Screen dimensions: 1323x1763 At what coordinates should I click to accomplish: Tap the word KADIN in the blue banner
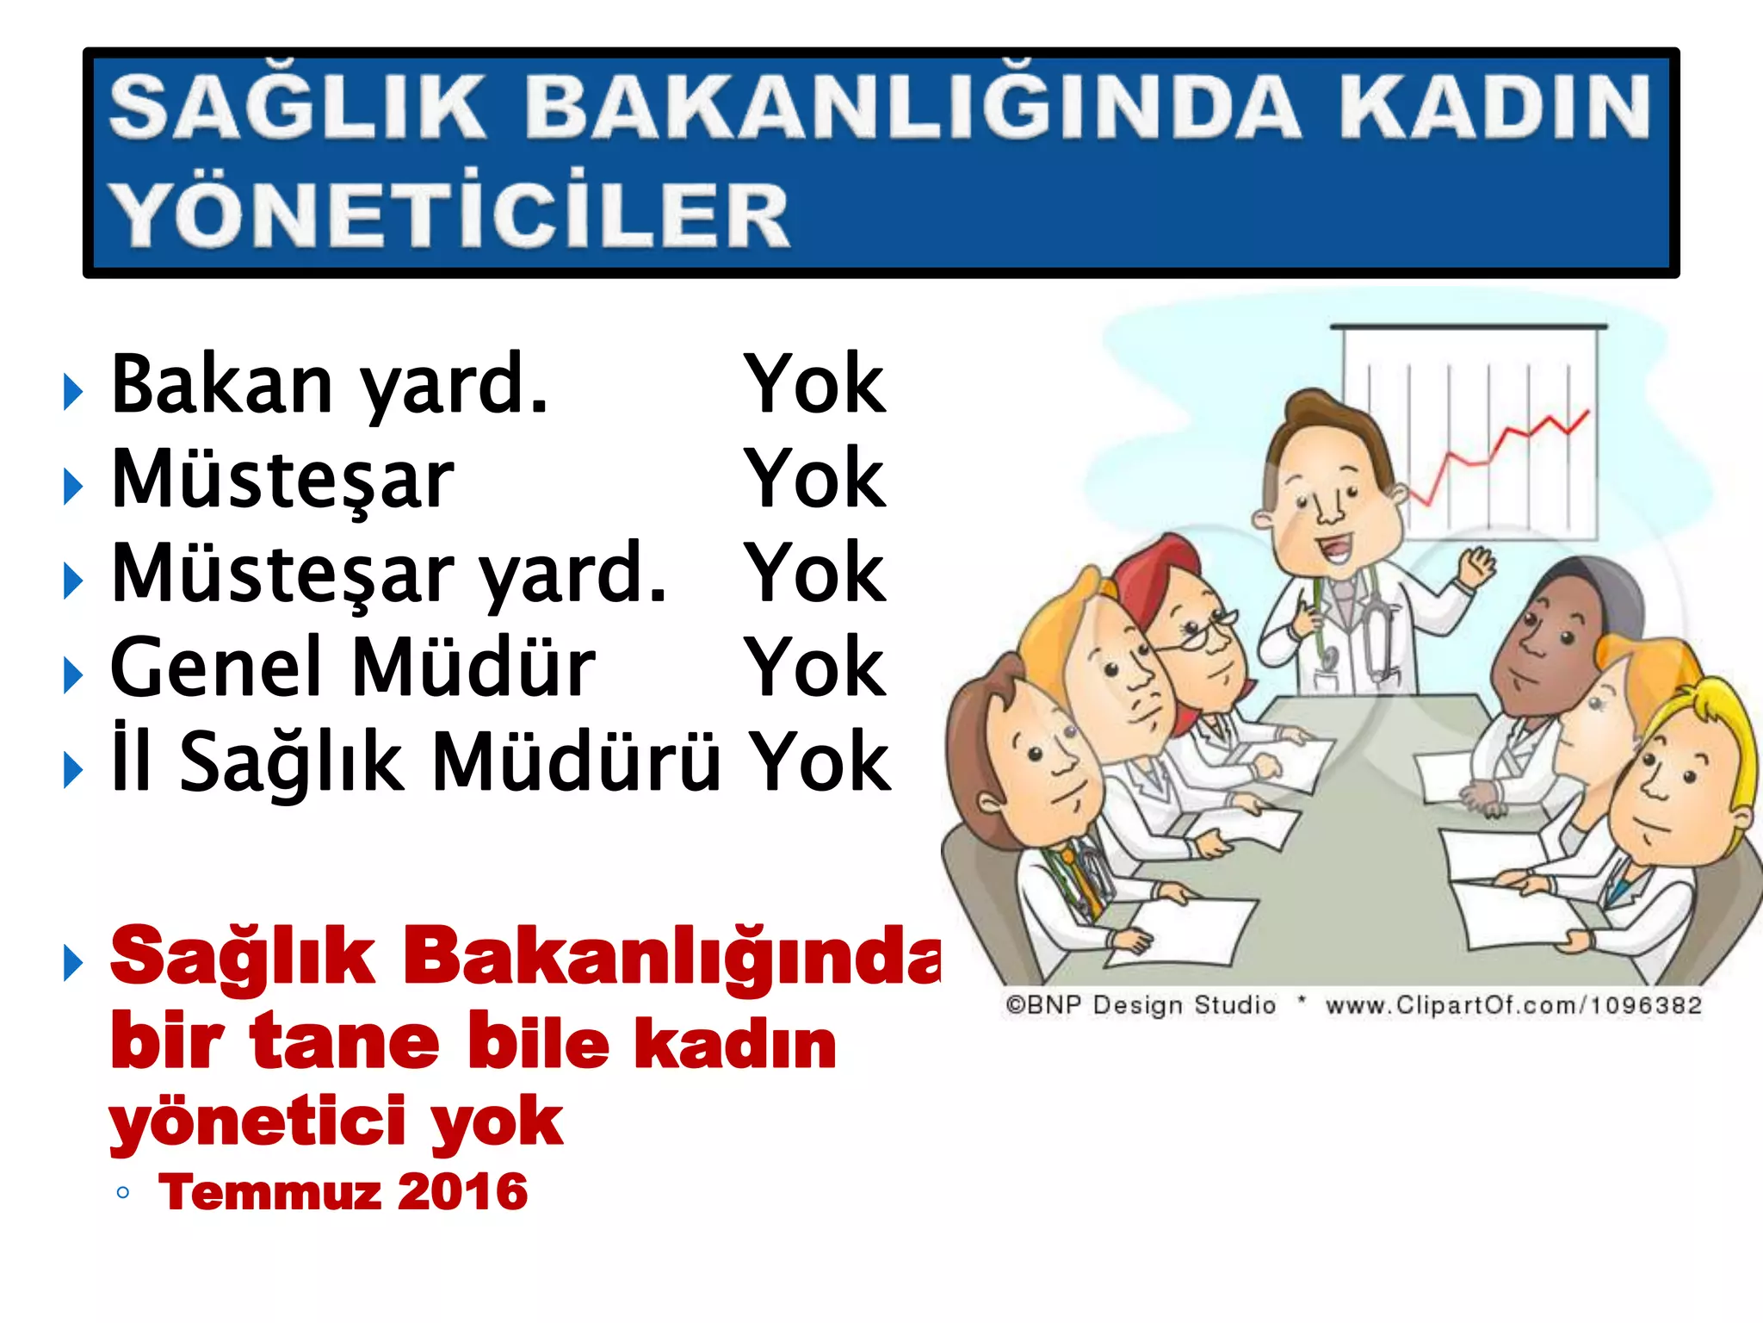1494,107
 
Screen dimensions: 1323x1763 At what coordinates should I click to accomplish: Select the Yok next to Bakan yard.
814,384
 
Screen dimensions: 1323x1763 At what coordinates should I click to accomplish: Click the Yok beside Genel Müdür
814,667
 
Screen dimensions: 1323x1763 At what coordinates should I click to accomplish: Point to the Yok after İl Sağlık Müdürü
818,761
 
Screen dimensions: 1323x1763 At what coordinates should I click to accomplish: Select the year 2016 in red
463,1192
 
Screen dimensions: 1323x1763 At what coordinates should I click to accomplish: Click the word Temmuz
270,1192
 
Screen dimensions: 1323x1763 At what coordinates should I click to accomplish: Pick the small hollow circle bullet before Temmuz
123,1193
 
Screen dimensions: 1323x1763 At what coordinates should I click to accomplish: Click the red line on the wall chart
1498,448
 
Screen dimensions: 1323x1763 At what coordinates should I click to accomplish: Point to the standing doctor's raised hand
1477,567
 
